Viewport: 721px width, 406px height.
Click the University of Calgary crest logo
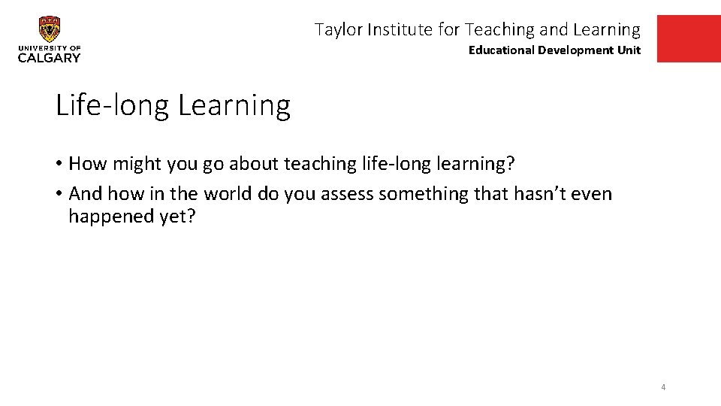pos(50,29)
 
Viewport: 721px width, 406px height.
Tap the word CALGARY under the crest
pos(50,58)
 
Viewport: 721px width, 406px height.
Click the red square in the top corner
pos(688,38)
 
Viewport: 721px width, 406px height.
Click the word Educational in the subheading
pos(501,50)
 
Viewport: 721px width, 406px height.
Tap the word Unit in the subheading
pos(629,50)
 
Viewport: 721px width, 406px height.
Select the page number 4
pos(663,387)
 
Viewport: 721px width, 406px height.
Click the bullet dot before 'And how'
pos(59,195)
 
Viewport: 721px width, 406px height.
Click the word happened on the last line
pos(109,217)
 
